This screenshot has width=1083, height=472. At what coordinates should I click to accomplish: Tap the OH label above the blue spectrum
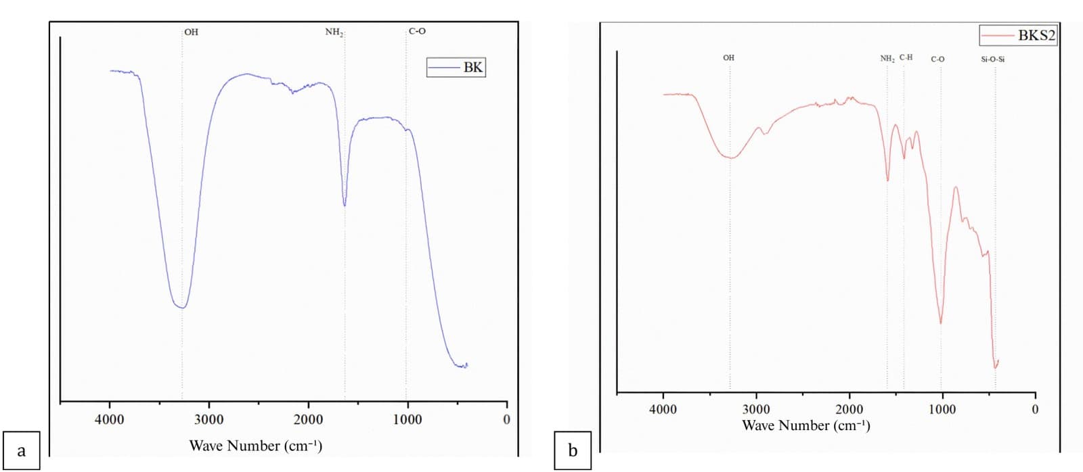(192, 32)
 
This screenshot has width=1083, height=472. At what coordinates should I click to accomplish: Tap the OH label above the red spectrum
(728, 58)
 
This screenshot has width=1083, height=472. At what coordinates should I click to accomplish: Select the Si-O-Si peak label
(992, 60)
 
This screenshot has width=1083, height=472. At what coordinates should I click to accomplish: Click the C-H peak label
(906, 57)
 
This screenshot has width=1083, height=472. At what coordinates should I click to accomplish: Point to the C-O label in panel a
(418, 31)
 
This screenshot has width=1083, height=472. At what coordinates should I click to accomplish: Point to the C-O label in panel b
(937, 60)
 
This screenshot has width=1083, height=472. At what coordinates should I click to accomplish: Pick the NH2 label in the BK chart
(334, 32)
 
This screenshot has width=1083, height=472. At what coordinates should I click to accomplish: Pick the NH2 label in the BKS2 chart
(887, 59)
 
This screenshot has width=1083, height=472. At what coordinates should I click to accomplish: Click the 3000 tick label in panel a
(208, 420)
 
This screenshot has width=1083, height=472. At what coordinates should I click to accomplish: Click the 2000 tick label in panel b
(849, 409)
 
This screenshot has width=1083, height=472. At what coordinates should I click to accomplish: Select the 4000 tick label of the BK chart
(110, 420)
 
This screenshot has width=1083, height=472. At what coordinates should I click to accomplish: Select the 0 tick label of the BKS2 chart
(1034, 409)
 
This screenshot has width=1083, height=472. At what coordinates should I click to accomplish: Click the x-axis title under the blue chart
(255, 446)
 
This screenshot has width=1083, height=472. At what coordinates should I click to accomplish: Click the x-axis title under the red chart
(805, 425)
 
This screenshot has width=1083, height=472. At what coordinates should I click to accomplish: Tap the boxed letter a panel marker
(21, 450)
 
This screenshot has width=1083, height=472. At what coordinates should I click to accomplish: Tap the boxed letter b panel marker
(573, 450)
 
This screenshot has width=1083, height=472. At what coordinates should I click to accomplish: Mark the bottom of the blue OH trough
(181, 308)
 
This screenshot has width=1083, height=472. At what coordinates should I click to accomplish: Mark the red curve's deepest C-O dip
(941, 323)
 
